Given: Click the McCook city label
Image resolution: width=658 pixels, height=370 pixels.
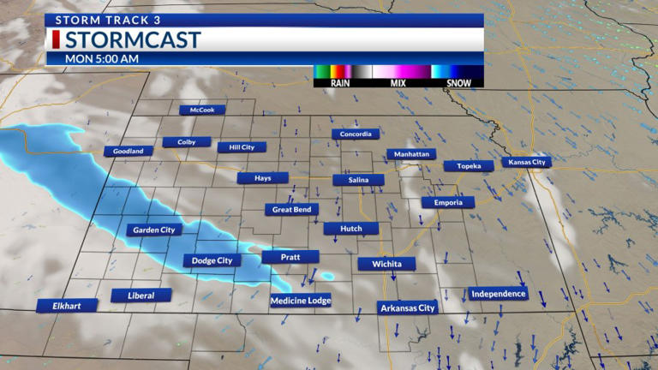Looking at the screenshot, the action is point(202,110).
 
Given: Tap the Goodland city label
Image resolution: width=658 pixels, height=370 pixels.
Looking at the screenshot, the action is point(129,151).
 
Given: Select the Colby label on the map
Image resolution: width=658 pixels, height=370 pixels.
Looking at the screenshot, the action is point(187,142).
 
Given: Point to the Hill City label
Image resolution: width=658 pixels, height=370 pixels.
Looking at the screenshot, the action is point(242,147).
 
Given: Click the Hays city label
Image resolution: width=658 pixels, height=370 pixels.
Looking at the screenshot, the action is point(263,178).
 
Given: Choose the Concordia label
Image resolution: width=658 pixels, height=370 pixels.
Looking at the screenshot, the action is point(356,134).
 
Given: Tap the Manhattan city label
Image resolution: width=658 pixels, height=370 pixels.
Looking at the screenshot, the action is point(411,154).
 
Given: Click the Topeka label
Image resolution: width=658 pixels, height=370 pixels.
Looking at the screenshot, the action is point(469,166).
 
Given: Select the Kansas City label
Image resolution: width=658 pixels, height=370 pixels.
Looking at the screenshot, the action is point(527,162).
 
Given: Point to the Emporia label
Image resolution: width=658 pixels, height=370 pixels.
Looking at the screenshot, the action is point(447,203).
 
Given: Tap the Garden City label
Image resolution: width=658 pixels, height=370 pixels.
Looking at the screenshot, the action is point(154,230).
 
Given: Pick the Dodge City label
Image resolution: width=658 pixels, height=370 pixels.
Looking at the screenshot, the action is point(212,260).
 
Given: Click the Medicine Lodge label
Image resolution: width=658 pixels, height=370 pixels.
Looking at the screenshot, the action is point(300,301).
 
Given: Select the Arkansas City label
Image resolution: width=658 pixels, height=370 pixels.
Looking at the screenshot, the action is point(409,308).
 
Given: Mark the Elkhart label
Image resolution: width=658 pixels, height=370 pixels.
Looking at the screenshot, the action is point(67,305).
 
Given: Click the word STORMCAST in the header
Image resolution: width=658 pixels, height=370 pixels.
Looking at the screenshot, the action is point(133,40).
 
